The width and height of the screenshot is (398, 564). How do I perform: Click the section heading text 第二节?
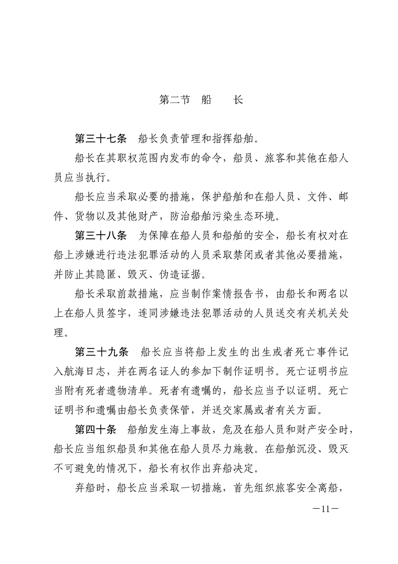pyautogui.click(x=174, y=100)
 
